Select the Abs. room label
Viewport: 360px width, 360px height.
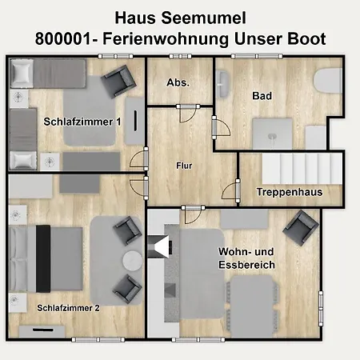coord(177,82)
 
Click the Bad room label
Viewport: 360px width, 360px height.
coord(262,96)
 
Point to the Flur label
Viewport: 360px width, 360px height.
coord(184,166)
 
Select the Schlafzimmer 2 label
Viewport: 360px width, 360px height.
coord(68,307)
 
